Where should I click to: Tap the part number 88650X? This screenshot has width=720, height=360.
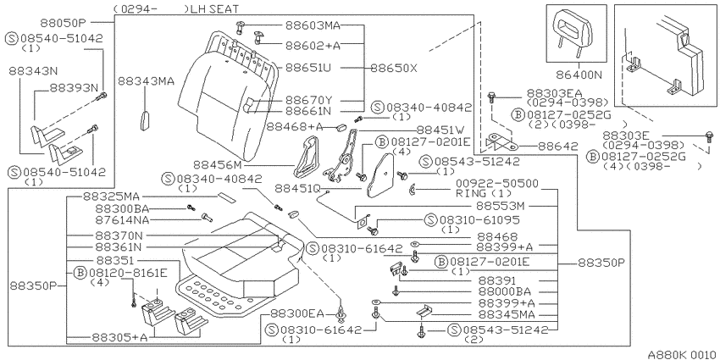[394, 69]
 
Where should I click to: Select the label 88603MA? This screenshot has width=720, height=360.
[313, 25]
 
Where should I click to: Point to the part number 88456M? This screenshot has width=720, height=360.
[217, 164]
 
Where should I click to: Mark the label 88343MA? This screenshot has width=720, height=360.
[146, 81]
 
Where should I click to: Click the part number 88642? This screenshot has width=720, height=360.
[558, 146]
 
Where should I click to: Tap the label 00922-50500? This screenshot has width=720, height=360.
[497, 184]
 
